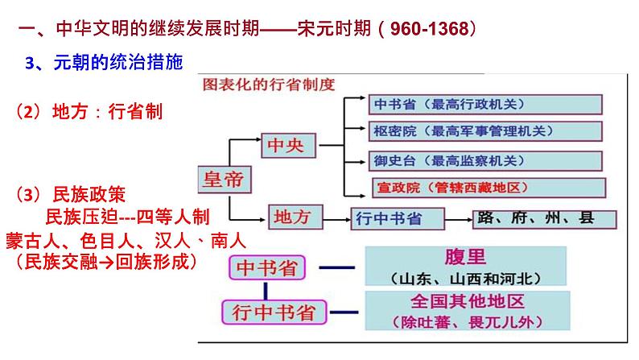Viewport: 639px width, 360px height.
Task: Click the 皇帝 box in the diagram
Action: pos(223,180)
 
